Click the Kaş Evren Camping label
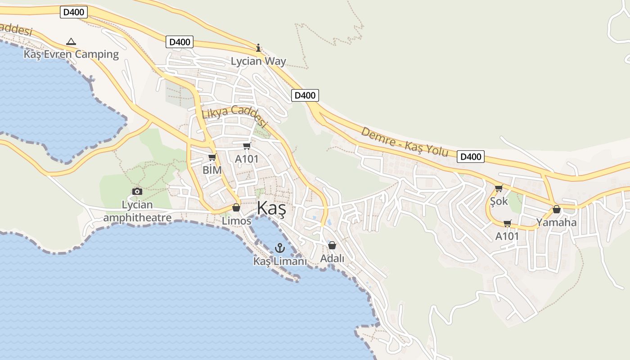click(71, 54)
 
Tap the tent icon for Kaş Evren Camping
click(71, 42)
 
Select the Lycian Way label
click(258, 61)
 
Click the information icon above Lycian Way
click(258, 48)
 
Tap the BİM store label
click(212, 170)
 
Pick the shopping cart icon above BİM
click(212, 157)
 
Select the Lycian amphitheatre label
click(137, 211)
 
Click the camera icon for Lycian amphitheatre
click(137, 192)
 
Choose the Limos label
click(236, 221)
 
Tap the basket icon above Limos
click(236, 207)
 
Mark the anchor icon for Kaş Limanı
click(280, 248)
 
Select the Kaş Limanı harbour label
click(280, 261)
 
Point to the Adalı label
click(332, 259)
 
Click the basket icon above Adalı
click(332, 245)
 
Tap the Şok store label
click(499, 201)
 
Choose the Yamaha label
click(556, 222)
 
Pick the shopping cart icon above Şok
click(499, 188)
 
